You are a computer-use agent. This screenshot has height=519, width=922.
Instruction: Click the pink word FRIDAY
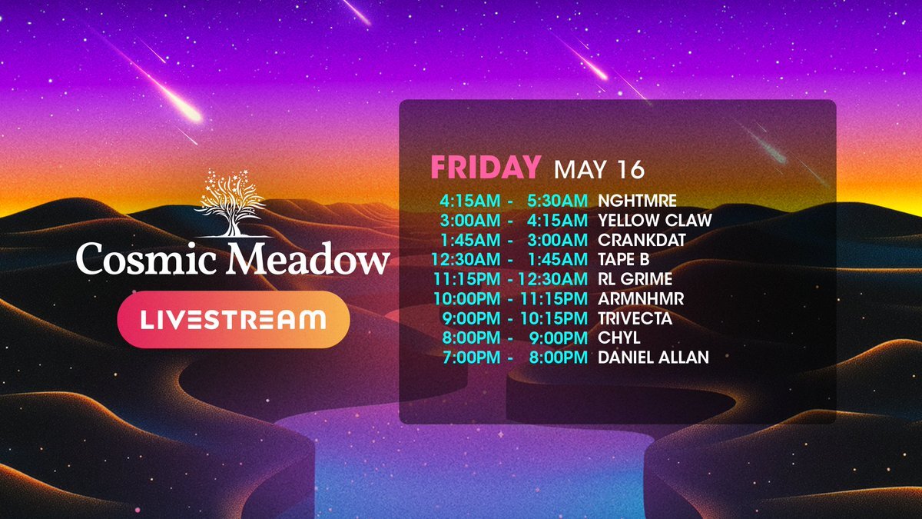click(x=486, y=168)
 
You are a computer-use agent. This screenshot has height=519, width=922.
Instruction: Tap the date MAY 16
click(x=599, y=169)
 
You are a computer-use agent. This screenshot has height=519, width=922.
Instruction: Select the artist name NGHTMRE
click(x=637, y=201)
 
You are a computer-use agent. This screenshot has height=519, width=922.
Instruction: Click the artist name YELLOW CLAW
click(x=655, y=220)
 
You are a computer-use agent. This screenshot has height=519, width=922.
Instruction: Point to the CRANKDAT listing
click(x=642, y=240)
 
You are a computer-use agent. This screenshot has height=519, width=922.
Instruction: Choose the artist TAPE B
click(x=624, y=259)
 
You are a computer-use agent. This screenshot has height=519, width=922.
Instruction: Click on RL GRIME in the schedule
click(x=635, y=279)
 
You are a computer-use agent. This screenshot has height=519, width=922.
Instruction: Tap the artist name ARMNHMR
click(x=641, y=298)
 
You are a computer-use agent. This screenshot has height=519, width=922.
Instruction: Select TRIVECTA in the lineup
click(x=635, y=318)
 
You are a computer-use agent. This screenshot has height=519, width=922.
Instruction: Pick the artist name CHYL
click(x=619, y=338)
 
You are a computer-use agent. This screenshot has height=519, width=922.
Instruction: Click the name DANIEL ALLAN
click(x=654, y=357)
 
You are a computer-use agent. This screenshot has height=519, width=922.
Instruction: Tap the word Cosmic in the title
click(x=146, y=258)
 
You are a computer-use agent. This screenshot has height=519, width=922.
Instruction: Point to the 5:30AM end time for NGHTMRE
click(x=557, y=201)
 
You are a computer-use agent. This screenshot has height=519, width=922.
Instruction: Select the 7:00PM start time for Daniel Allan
click(x=471, y=357)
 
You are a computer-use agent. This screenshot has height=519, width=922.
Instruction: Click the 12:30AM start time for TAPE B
click(x=466, y=259)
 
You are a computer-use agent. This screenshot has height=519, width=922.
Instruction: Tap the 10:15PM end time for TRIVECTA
click(x=554, y=318)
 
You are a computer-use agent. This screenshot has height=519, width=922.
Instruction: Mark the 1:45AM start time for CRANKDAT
click(x=470, y=240)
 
